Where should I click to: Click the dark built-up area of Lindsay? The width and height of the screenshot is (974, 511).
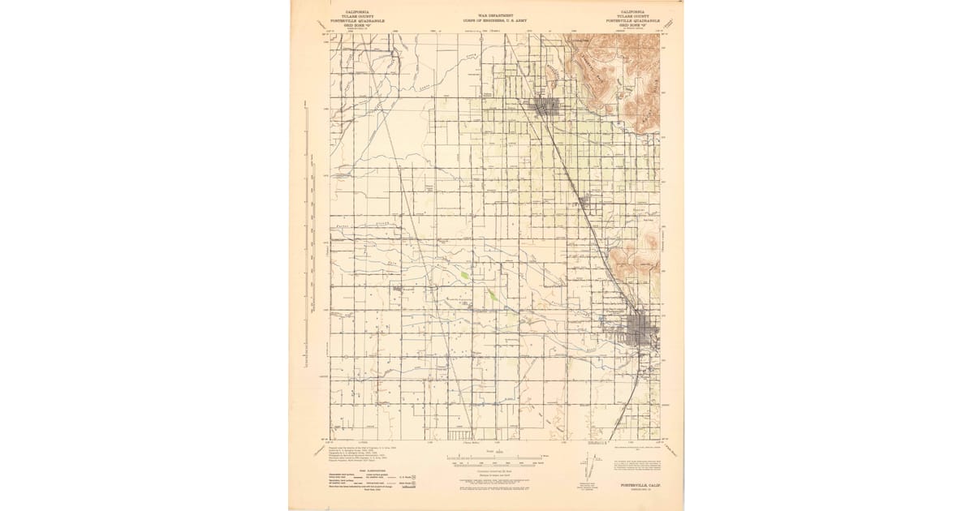545,105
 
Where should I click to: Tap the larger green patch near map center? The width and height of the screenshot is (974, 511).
464,276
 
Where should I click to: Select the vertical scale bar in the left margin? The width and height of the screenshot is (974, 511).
307,243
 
